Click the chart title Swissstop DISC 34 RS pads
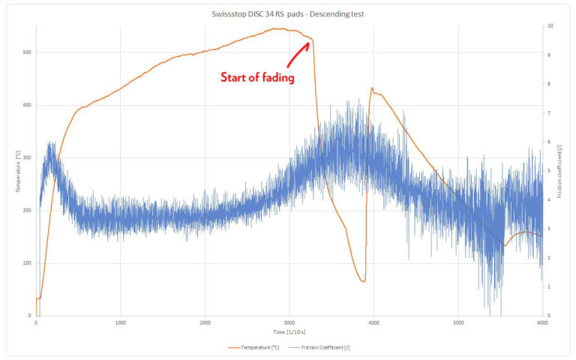pyautogui.click(x=287, y=14)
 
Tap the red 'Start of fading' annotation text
pyautogui.click(x=256, y=77)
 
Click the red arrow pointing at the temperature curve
pyautogui.click(x=298, y=53)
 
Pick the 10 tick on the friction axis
pyautogui.click(x=551, y=25)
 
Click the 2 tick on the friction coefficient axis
pyautogui.click(x=550, y=258)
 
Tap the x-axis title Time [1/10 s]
pyautogui.click(x=289, y=331)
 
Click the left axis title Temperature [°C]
pyautogui.click(x=17, y=171)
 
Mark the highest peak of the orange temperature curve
pyautogui.click(x=278, y=28)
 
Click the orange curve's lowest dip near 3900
pyautogui.click(x=363, y=281)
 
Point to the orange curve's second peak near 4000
pyautogui.click(x=372, y=88)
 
